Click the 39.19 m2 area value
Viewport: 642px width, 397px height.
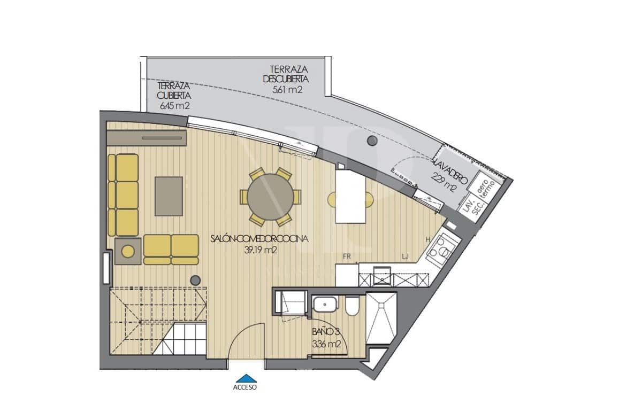[259, 250]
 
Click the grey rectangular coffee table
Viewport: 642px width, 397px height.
[169, 196]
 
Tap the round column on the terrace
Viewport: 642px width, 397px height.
[371, 141]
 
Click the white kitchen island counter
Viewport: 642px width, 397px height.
[350, 195]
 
